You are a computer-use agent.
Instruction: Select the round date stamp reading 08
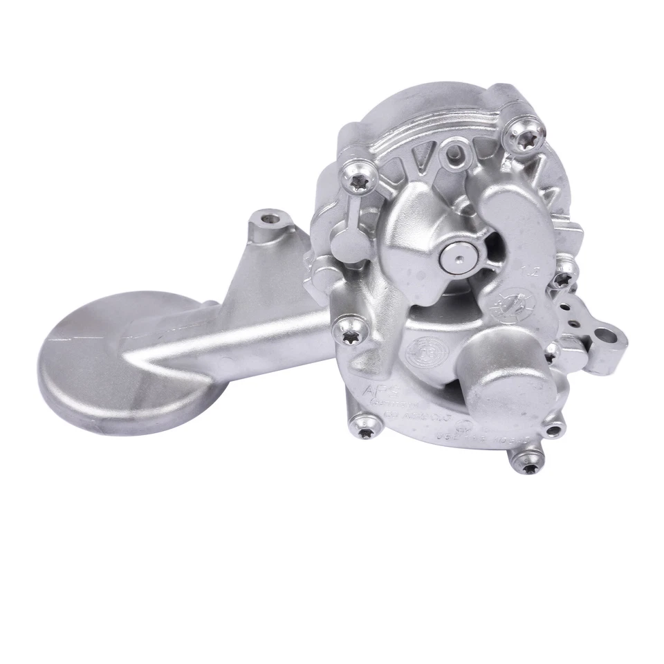point(423,346)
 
